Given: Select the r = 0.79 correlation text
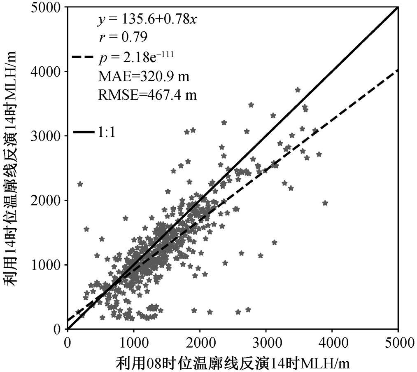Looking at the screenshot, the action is pyautogui.click(x=123, y=37).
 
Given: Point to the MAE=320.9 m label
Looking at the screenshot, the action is pyautogui.click(x=144, y=77).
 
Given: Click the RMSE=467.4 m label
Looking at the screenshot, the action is pyautogui.click(x=148, y=94).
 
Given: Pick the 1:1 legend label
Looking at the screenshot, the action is pyautogui.click(x=107, y=132).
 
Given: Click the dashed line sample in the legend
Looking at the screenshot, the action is pyautogui.click(x=83, y=57).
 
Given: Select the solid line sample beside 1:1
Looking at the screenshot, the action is pyautogui.click(x=83, y=132).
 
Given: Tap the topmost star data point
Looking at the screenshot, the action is pyautogui.click(x=298, y=90).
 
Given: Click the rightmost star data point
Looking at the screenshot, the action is pyautogui.click(x=325, y=203).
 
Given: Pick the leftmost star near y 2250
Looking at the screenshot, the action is pyautogui.click(x=80, y=184).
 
